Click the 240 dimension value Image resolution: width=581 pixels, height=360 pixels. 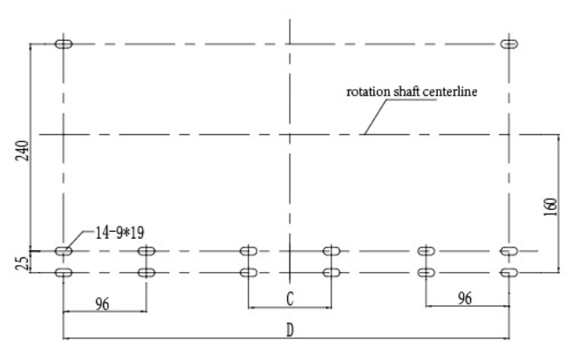pyautogui.click(x=22, y=151)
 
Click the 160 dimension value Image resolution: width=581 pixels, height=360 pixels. pyautogui.click(x=551, y=207)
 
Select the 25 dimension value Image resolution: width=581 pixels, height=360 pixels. pyautogui.click(x=24, y=262)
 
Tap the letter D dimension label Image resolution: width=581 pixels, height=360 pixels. pyautogui.click(x=290, y=330)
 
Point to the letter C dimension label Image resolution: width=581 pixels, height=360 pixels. pyautogui.click(x=290, y=298)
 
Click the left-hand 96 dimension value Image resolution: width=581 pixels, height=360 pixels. pyautogui.click(x=102, y=304)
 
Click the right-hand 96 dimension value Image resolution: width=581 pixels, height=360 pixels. pyautogui.click(x=465, y=298)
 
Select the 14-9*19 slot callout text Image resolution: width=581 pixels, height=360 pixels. pyautogui.click(x=120, y=233)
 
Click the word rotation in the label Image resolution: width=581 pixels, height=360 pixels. pyautogui.click(x=368, y=92)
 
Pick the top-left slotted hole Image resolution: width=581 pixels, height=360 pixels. pyautogui.click(x=64, y=44)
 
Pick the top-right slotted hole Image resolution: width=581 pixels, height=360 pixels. pyautogui.click(x=509, y=44)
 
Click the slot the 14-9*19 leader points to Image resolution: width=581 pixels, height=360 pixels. pyautogui.click(x=64, y=251)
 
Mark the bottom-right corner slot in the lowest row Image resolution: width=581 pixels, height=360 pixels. pyautogui.click(x=509, y=273)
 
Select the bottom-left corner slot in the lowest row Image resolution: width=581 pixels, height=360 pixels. pyautogui.click(x=64, y=273)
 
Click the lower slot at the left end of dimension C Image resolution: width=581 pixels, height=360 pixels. pyautogui.click(x=249, y=273)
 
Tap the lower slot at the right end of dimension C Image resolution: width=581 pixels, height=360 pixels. pyautogui.click(x=332, y=273)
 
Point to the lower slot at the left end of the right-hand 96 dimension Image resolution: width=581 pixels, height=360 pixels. pyautogui.click(x=426, y=273)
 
